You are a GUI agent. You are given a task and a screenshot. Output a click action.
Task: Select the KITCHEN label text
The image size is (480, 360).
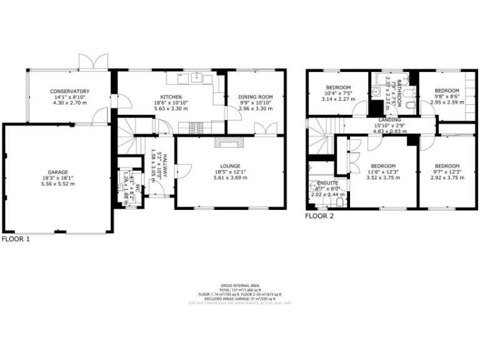point(171,97)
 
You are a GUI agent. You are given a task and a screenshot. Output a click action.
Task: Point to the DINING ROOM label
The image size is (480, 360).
point(256,97)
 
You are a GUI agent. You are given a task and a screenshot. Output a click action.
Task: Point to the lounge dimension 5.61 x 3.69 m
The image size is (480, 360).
point(229,177)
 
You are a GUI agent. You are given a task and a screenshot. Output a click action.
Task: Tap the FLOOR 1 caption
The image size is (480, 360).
point(15,239)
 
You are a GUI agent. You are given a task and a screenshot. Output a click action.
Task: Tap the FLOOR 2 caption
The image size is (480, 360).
point(319,216)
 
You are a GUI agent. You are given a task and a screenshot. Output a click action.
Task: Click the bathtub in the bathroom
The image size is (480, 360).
point(389,78)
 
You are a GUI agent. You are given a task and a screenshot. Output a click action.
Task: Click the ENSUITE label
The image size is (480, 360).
point(324,183)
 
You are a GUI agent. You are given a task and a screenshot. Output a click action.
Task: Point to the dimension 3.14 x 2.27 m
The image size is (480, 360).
point(338,99)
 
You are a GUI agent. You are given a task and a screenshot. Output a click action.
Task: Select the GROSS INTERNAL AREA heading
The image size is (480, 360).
point(240,284)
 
